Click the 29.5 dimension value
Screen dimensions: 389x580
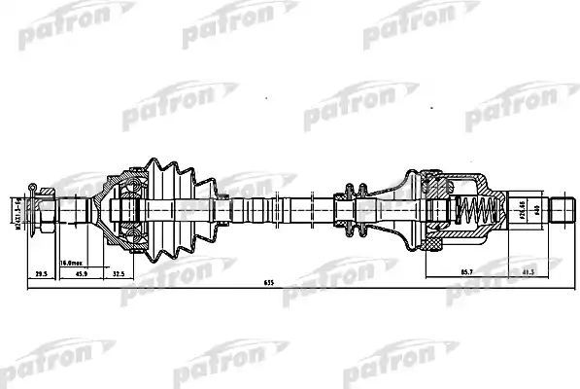(x=40, y=274)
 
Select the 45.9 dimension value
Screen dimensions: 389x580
(x=83, y=274)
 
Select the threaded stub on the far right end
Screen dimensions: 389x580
(x=564, y=208)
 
